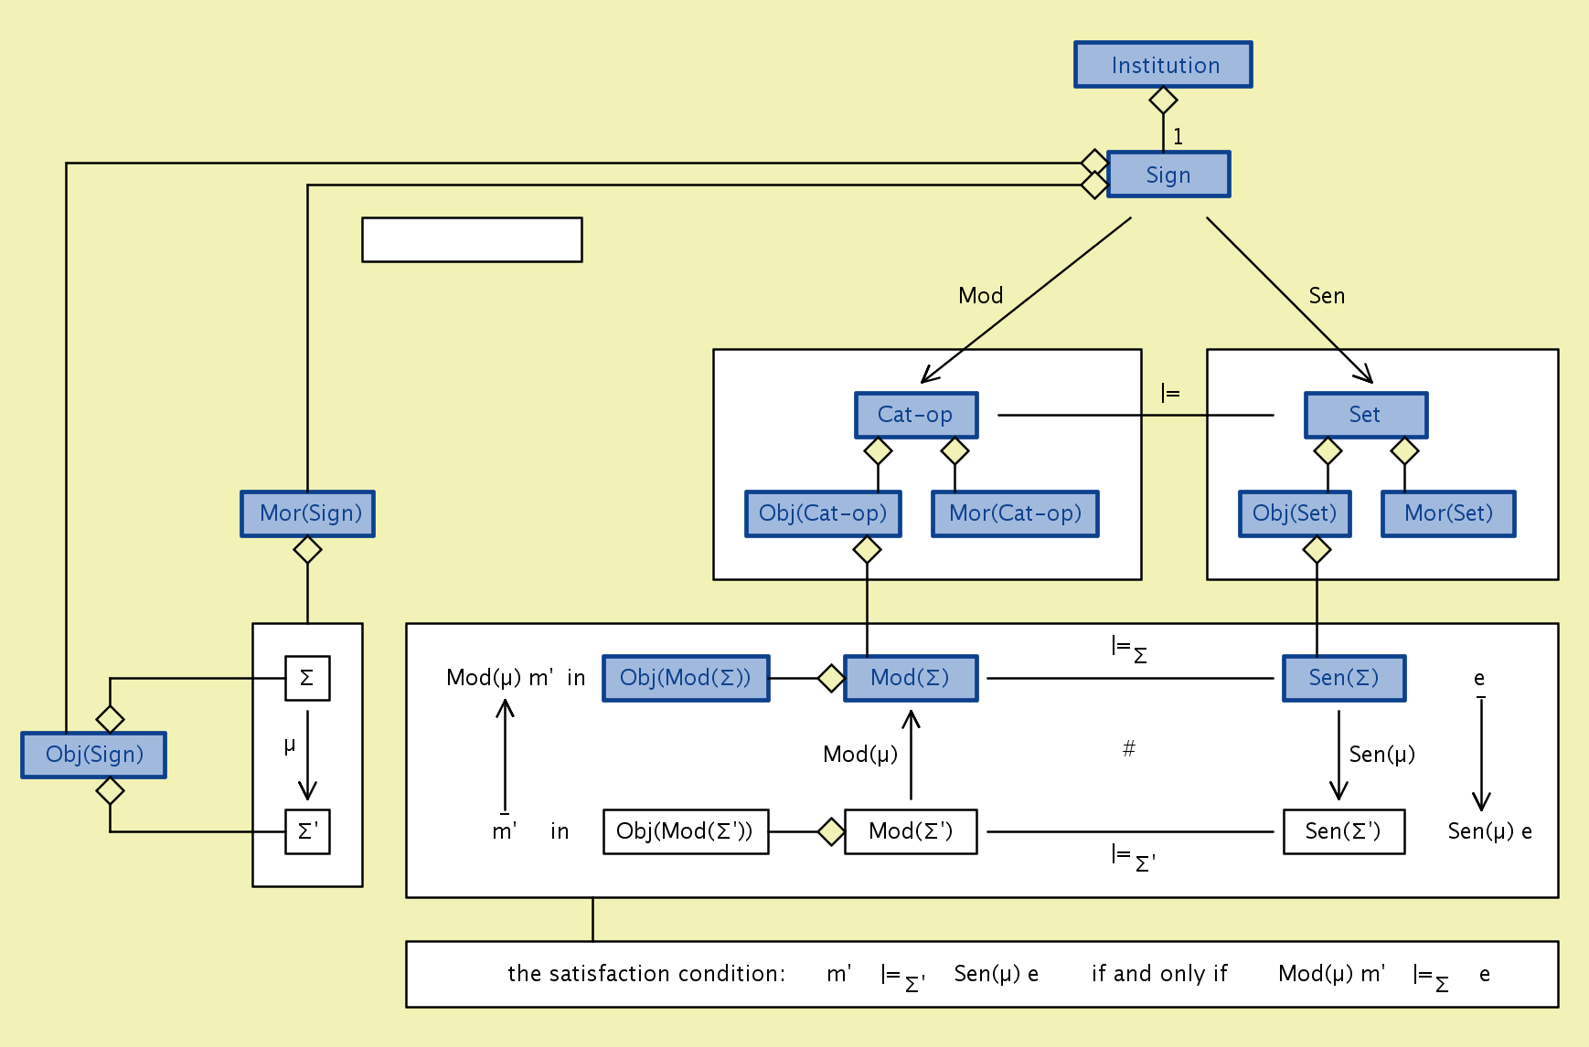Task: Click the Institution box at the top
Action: coord(1163,65)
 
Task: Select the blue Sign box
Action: coord(1168,174)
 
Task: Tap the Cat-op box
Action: coord(916,415)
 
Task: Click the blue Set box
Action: coord(1366,415)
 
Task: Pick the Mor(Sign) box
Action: coord(308,513)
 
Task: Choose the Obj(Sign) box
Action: coord(94,755)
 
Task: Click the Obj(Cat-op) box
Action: coord(823,513)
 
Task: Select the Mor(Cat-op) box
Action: coord(1015,513)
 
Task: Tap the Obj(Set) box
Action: coord(1295,513)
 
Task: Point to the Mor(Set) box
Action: coord(1448,513)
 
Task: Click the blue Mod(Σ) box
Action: coord(911,678)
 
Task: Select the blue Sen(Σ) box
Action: coord(1344,678)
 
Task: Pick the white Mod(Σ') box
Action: coord(911,831)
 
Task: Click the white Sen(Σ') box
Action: coord(1344,831)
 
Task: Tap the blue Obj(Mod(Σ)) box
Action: coord(686,678)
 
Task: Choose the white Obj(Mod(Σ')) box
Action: coord(686,831)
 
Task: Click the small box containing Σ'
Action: coord(307,831)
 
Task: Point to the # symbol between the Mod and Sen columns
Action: coord(1129,749)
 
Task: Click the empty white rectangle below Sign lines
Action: coord(472,239)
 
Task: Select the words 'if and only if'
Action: coord(1159,974)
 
